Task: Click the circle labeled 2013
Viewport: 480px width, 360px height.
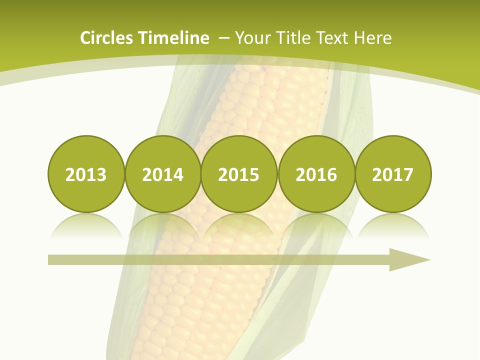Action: (x=86, y=174)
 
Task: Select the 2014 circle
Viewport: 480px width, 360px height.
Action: (x=163, y=174)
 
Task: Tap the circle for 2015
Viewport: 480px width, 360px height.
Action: (x=239, y=174)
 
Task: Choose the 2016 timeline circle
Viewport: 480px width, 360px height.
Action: (x=316, y=174)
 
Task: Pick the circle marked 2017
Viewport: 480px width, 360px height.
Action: (x=393, y=174)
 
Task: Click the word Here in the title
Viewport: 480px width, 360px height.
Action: (x=373, y=38)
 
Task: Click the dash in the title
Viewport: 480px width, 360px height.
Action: (x=223, y=38)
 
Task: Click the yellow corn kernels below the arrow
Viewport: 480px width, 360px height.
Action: (x=200, y=310)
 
